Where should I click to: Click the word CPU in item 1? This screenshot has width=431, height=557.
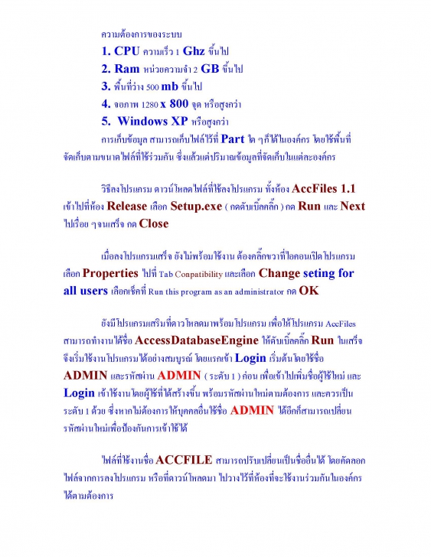[127, 51]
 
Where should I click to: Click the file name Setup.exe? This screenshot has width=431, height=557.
[197, 207]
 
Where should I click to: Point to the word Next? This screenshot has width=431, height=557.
[352, 207]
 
